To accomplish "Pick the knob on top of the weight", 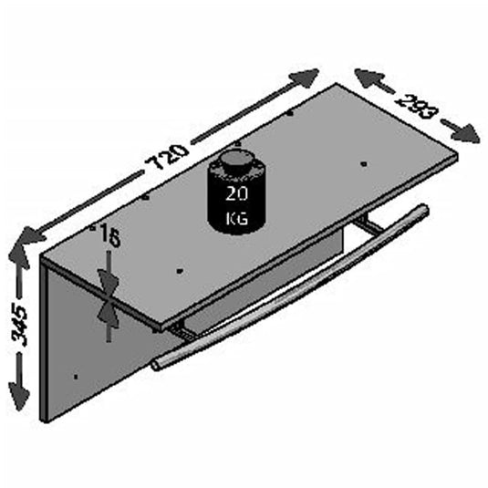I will pyautogui.click(x=234, y=161).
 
